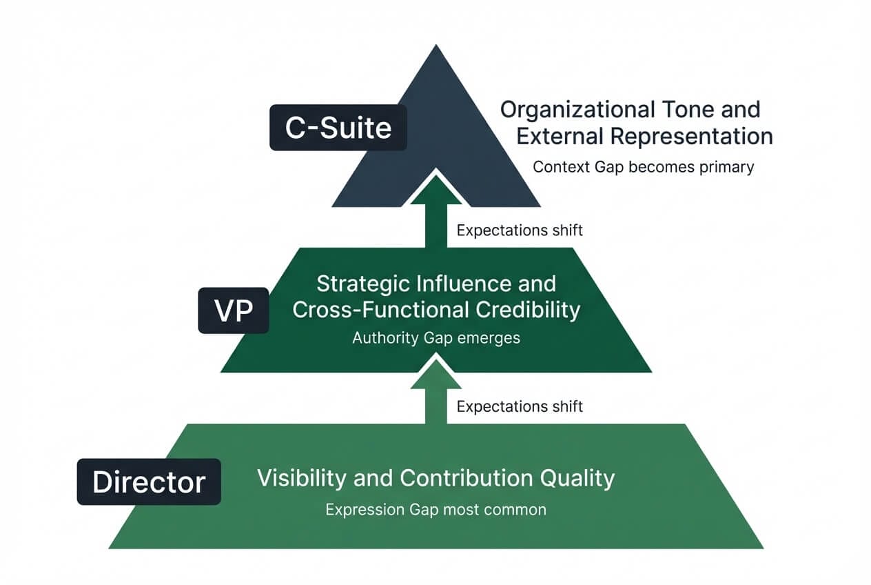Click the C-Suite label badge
[x=338, y=128]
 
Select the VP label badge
[x=234, y=311]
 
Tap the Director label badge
[x=149, y=482]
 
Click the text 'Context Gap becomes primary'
[x=644, y=166]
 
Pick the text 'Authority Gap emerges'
[x=435, y=339]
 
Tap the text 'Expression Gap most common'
[x=435, y=510]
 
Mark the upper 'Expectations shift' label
[x=520, y=230]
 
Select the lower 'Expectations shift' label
[x=520, y=406]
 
